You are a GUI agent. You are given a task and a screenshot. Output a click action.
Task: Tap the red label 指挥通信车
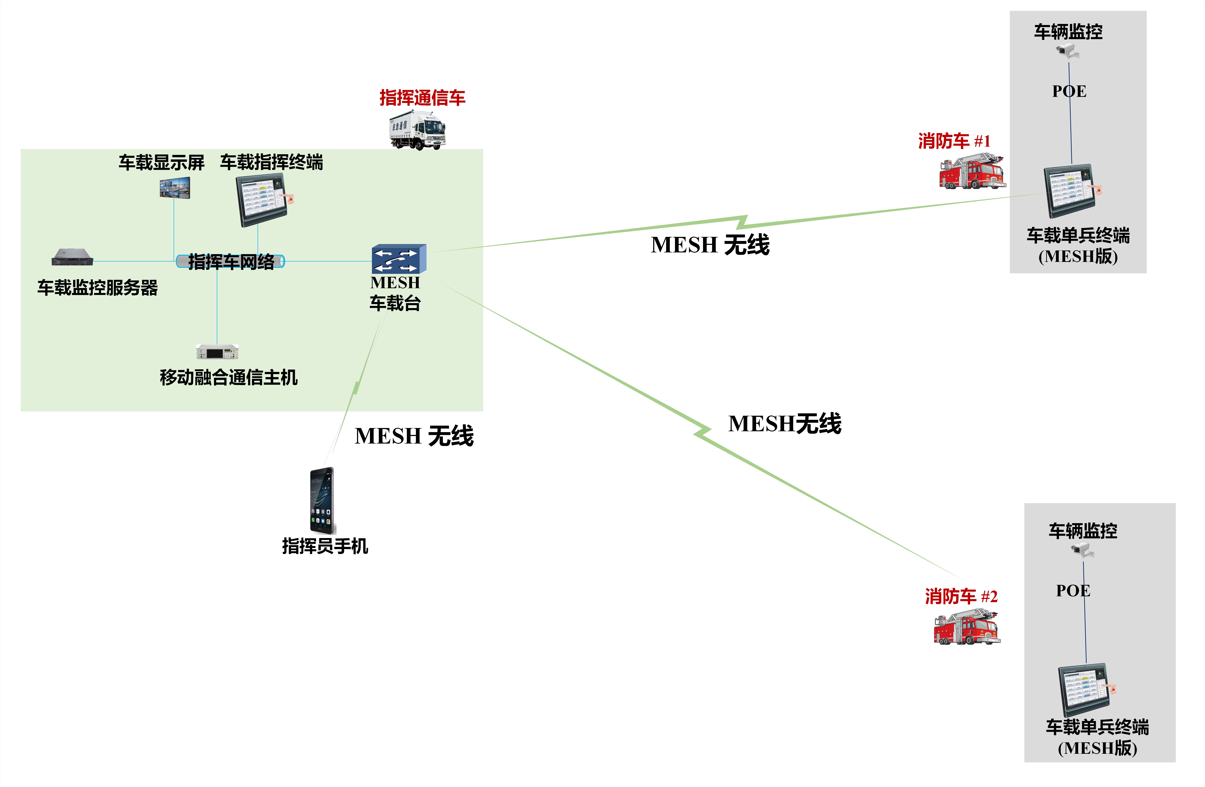tap(422, 98)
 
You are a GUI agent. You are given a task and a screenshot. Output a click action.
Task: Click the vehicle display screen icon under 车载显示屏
tap(175, 187)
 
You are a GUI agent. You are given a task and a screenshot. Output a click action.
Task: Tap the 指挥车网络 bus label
tap(231, 261)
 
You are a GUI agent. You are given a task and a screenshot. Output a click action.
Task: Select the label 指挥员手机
tap(324, 546)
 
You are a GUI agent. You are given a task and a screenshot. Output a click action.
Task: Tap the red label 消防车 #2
tap(961, 596)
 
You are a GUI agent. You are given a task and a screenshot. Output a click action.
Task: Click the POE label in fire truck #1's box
tap(1069, 91)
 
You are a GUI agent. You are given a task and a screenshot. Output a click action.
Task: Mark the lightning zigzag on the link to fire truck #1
tap(742, 222)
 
